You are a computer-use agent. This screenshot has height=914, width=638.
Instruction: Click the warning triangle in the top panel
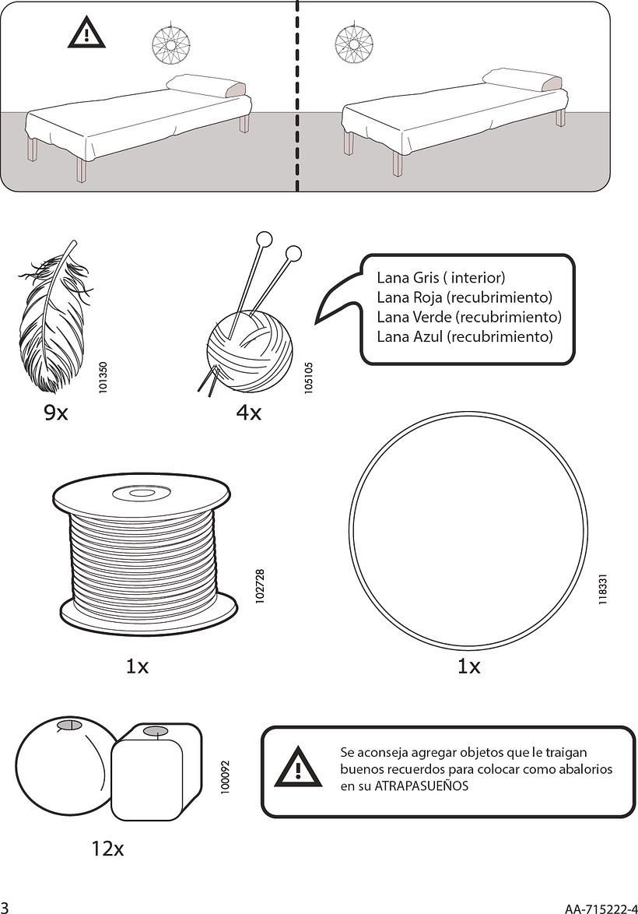[x=87, y=33]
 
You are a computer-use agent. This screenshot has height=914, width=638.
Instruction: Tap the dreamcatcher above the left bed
[x=170, y=44]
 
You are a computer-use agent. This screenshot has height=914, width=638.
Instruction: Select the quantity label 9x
[x=56, y=413]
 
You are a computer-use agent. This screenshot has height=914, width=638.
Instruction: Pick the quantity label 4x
[x=248, y=413]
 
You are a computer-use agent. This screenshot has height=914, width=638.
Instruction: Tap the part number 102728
[x=260, y=584]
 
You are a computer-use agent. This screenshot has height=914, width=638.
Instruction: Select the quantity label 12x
[x=107, y=849]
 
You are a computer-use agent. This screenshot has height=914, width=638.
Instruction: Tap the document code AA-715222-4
[x=601, y=908]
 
